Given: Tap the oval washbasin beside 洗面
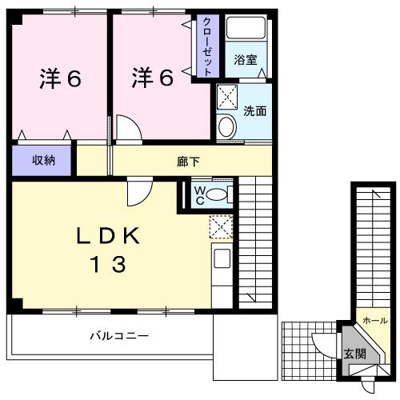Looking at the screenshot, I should [226, 127].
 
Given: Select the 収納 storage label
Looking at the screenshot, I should [43, 160].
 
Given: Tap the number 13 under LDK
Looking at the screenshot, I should [109, 264].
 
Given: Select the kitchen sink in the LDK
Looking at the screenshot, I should [222, 259].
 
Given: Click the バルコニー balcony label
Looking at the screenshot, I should [118, 336].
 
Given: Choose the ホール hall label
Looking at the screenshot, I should [376, 320].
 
